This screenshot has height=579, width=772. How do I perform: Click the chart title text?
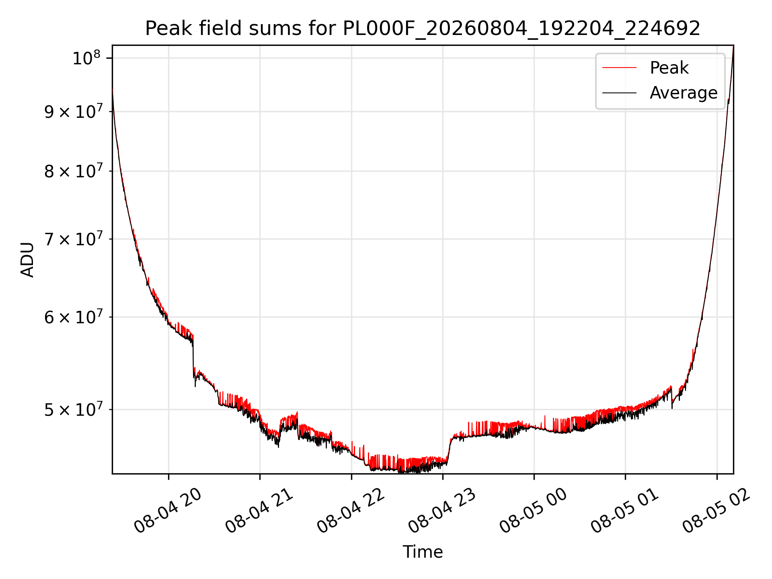[423, 29]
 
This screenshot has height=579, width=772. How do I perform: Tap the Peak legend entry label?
[669, 68]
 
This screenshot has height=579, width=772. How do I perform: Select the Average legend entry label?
[684, 93]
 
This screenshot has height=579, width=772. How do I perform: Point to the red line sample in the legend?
[619, 68]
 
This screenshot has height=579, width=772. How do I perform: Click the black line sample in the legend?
[619, 93]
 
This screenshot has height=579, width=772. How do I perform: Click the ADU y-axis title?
[27, 260]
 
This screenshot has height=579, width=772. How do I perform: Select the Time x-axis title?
[423, 552]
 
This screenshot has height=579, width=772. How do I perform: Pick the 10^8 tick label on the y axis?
[86, 58]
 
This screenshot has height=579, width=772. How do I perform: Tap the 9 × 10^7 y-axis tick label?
[73, 111]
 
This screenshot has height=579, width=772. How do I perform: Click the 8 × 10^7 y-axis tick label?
[73, 171]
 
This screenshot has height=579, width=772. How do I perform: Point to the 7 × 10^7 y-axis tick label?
[73, 239]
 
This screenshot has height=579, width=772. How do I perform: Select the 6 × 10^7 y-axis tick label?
[73, 317]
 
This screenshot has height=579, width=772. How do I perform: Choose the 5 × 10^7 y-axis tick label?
[73, 409]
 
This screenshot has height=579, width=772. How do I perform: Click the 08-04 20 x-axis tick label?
[167, 511]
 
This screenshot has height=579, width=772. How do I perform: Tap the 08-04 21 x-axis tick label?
[259, 511]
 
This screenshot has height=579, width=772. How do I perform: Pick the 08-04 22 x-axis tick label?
[351, 511]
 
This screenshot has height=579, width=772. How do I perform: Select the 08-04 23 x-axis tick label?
[442, 511]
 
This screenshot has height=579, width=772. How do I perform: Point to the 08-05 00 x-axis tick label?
[533, 511]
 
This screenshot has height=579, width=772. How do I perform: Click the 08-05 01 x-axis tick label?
[624, 511]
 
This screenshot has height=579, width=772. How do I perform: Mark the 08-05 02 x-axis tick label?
[716, 511]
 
